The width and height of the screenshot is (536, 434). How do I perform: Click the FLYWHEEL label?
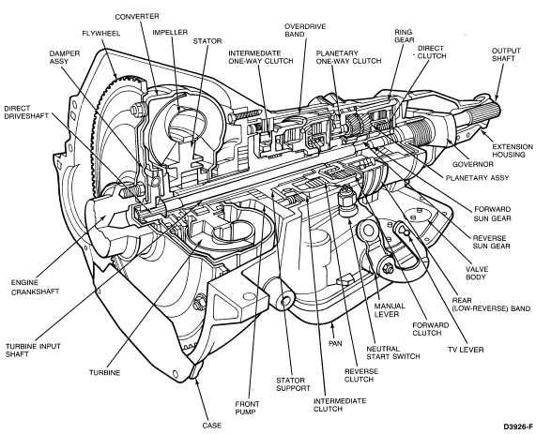pos(100,34)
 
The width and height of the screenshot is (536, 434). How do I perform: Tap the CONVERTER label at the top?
pos(137,16)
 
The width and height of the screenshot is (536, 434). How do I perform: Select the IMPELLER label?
pos(170,33)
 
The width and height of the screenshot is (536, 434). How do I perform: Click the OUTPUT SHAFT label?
pos(506,54)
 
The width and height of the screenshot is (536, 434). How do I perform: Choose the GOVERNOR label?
pos(473,164)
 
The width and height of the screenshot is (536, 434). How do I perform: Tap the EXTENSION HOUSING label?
pos(513,151)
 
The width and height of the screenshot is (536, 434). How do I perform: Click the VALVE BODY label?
pos(477,273)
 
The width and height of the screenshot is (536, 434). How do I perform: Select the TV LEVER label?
pos(466,350)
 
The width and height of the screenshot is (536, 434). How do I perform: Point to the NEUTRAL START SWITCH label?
pos(392,352)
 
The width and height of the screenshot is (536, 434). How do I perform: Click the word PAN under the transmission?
pos(335,343)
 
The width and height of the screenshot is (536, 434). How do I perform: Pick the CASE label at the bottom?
pos(212,426)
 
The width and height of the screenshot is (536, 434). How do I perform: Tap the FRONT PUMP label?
pos(247,408)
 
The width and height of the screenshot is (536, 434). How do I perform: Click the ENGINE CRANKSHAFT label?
pos(35,287)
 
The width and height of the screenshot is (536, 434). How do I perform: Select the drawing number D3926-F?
pos(518,427)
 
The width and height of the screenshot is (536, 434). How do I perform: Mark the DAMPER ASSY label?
pos(64,57)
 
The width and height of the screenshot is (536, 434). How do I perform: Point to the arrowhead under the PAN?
pos(331,327)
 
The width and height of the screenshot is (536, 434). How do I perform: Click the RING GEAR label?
pos(404,36)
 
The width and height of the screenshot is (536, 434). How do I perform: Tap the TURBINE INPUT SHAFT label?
pos(33,350)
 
